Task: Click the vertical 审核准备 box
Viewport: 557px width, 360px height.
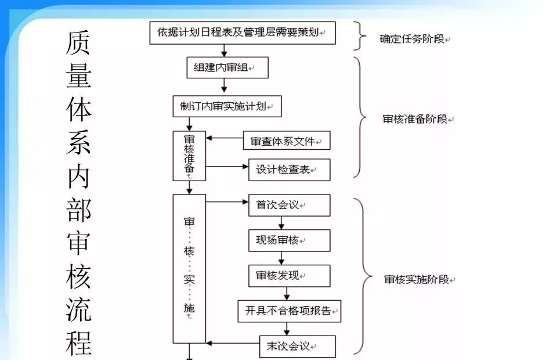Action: pos(189,156)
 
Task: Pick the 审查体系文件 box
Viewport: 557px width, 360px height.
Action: pos(286,141)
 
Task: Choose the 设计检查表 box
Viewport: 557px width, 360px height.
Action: pos(289,170)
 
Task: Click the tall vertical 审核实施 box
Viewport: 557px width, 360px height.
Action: pos(189,268)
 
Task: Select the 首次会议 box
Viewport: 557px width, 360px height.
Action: pos(289,205)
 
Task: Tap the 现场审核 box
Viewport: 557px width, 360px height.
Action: pos(289,240)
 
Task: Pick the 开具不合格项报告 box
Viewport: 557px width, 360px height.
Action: pos(289,311)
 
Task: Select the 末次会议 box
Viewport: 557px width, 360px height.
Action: pos(297,346)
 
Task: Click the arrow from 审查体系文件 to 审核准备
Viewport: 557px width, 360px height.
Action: pos(225,138)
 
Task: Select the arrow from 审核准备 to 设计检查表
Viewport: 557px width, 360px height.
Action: pos(227,167)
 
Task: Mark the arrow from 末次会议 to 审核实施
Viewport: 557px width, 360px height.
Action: pos(232,343)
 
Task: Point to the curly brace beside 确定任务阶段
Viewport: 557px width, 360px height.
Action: pos(363,37)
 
